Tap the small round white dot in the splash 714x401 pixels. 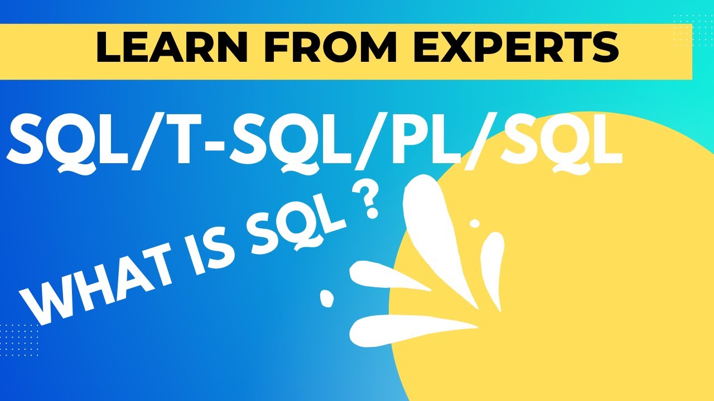475,223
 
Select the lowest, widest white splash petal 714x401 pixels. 407,328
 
